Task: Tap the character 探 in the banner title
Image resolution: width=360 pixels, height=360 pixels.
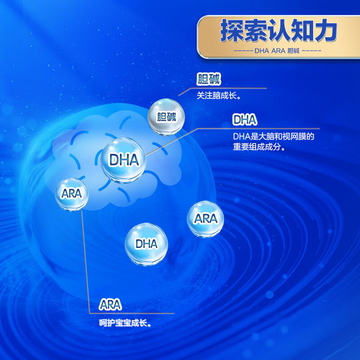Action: [x=232, y=31]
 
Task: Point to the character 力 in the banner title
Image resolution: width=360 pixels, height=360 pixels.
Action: [x=325, y=31]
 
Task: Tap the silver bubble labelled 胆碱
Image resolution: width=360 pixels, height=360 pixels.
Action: [x=167, y=117]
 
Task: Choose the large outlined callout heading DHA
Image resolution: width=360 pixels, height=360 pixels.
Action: [x=244, y=120]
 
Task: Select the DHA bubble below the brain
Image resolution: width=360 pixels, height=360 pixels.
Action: [x=146, y=243]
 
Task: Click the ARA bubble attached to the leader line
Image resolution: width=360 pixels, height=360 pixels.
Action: [x=71, y=194]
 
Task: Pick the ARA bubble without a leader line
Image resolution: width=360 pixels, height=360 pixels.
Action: [x=205, y=219]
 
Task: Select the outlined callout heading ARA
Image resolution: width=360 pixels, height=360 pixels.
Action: [x=110, y=305]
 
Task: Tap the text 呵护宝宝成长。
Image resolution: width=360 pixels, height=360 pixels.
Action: [x=125, y=323]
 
